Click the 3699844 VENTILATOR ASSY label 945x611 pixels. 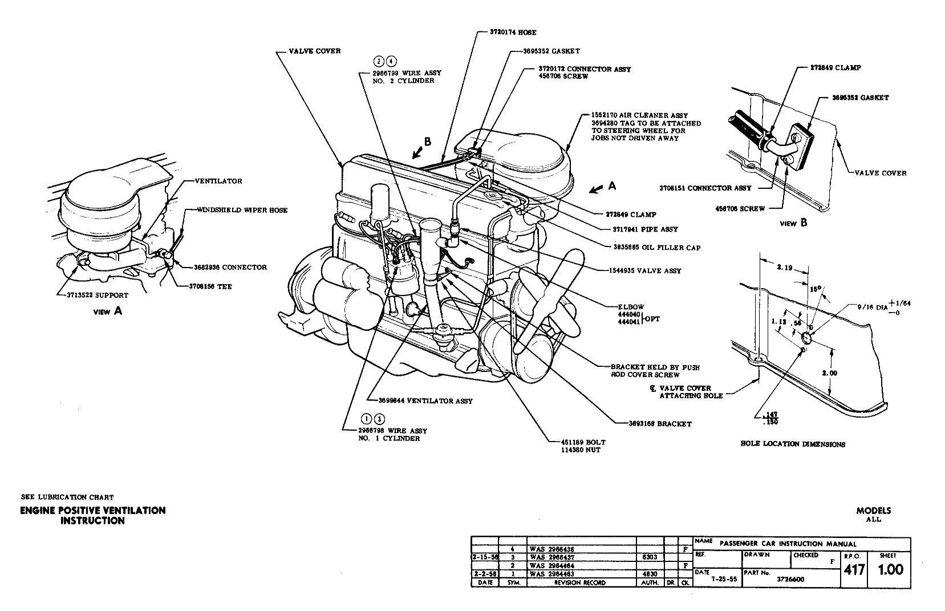[421, 401]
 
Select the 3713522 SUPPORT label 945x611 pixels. [95, 296]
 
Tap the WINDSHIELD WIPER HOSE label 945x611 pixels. [243, 210]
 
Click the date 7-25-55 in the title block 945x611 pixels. [723, 578]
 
